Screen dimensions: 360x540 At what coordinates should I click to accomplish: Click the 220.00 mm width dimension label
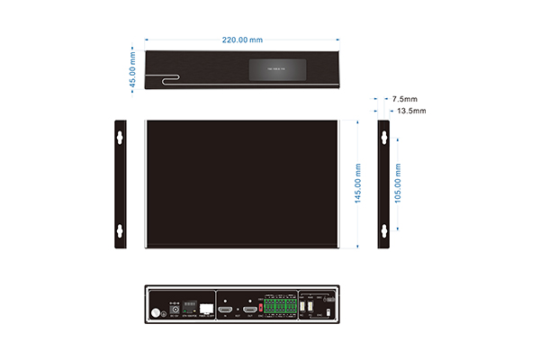tap(243, 40)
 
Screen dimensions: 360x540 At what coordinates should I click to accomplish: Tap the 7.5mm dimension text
tap(404, 98)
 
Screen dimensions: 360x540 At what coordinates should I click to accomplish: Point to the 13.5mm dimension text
tap(410, 111)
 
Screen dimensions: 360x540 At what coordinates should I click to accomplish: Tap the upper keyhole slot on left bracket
tap(118, 139)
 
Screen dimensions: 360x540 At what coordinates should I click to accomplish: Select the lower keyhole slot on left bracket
tap(118, 230)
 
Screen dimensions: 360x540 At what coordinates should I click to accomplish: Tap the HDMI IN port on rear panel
tap(225, 310)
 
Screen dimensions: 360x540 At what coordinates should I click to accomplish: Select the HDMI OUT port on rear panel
tap(250, 310)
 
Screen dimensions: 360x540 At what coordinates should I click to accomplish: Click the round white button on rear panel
tap(155, 313)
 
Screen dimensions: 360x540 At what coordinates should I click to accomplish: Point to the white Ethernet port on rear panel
tap(206, 309)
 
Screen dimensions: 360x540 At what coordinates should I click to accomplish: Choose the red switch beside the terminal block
tap(261, 307)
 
